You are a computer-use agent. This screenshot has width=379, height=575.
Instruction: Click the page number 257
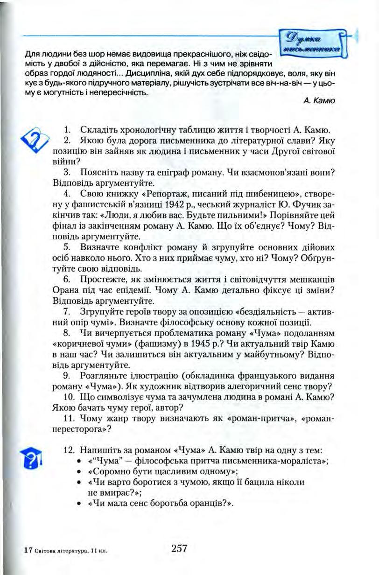179,548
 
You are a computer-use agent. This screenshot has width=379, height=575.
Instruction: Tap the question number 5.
67,247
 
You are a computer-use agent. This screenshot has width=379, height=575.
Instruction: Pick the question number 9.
67,376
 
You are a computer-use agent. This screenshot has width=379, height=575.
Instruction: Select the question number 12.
69,450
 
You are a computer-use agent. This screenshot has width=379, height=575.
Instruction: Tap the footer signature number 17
28,551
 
